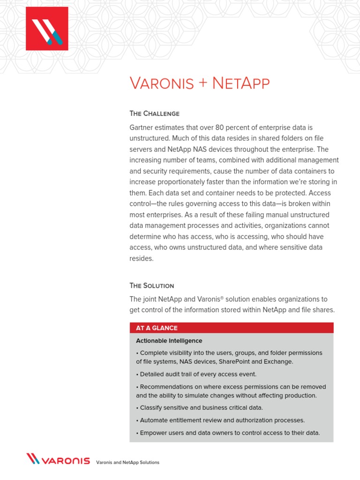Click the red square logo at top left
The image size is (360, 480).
point(47,29)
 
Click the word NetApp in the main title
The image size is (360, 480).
point(241,83)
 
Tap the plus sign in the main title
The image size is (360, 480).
point(202,84)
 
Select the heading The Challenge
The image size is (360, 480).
point(154,113)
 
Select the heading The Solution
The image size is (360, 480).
point(151,285)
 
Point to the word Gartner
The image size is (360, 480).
point(142,127)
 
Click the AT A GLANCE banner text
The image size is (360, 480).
point(157,328)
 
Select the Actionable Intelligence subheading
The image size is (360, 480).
point(169,341)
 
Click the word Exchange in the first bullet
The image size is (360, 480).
point(279,361)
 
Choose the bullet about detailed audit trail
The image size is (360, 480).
point(196,374)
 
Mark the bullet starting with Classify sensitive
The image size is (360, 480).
point(199,408)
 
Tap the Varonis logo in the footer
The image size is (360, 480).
point(58,459)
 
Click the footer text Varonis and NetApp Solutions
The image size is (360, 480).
point(127,463)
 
